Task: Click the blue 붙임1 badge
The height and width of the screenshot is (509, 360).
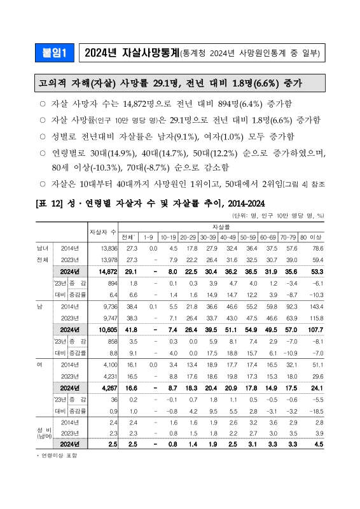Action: [x=55, y=53]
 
